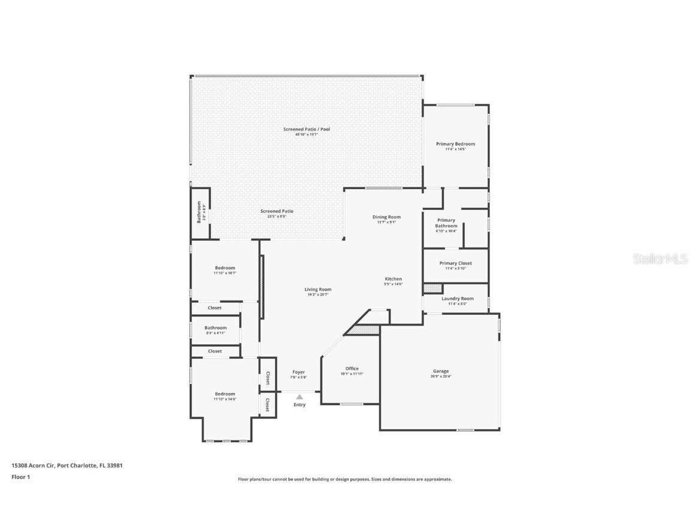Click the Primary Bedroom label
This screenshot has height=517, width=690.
(455, 144)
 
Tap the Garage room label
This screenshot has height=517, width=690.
(440, 371)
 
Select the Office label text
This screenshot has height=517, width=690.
(352, 369)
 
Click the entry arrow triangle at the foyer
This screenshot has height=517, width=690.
(299, 396)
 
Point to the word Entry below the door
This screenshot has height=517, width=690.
(299, 405)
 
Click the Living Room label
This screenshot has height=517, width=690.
(317, 289)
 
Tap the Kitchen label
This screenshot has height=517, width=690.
(393, 279)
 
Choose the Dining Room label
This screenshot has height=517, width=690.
(386, 217)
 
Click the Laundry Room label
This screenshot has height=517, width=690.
(457, 299)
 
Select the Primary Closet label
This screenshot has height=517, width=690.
(455, 263)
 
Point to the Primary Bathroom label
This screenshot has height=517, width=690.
(446, 223)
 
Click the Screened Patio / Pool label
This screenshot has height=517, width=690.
(306, 129)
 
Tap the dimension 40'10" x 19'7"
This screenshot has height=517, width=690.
(306, 135)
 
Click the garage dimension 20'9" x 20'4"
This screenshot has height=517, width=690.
(440, 376)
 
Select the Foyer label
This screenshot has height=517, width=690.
(298, 372)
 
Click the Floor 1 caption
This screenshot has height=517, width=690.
(20, 477)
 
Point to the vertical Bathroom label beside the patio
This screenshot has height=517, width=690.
(199, 213)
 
